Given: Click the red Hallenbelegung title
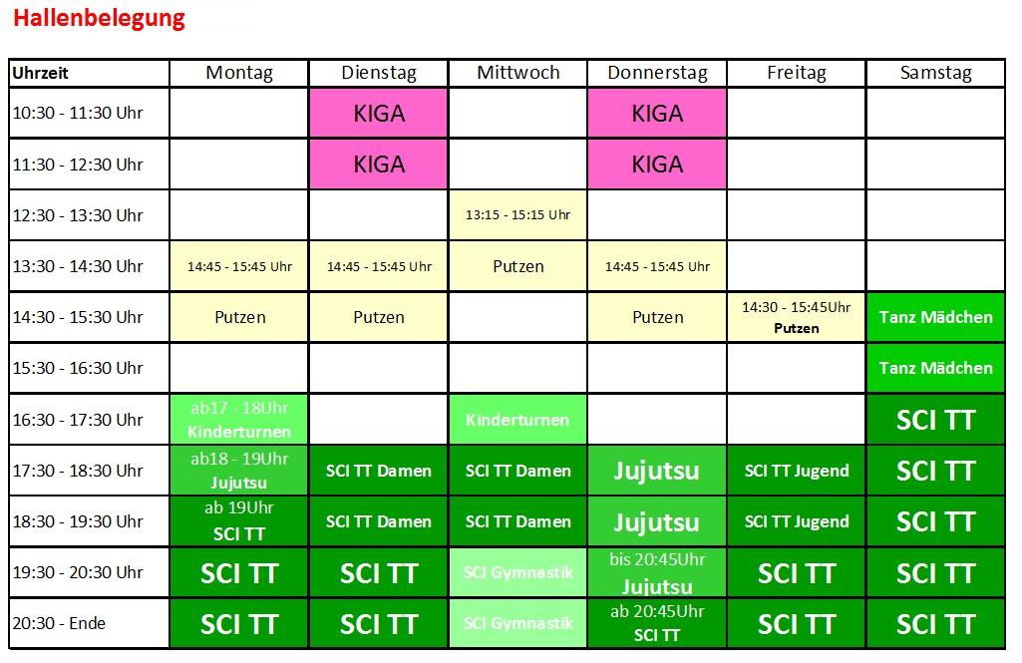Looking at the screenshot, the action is tap(99, 18).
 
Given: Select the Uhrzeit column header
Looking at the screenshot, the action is tap(89, 73).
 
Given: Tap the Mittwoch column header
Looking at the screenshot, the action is tap(518, 73).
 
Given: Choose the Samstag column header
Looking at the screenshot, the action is tap(935, 73).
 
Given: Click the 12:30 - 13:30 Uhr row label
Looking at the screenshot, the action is tap(89, 215).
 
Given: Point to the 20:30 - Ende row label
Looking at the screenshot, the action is tap(89, 623).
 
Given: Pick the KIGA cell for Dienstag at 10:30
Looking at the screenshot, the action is tap(379, 114).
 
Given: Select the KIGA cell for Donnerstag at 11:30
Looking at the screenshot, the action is tap(657, 165).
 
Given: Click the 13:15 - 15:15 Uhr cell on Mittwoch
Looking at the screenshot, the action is tap(518, 215).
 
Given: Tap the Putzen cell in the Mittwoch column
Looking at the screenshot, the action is tap(518, 266).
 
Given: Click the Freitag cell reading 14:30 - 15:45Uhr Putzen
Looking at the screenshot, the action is tap(796, 317).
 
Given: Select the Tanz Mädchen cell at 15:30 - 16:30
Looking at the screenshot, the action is tap(935, 368).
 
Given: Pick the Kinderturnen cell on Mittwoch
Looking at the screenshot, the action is tap(518, 419).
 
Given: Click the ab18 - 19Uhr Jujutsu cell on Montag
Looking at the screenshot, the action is tap(239, 470).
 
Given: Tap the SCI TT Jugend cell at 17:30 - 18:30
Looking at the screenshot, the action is tap(796, 470).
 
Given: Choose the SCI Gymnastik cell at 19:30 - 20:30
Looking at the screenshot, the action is tap(518, 572).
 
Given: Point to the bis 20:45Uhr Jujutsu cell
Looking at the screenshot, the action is tap(657, 572).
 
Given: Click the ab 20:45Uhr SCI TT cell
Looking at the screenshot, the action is tap(657, 623).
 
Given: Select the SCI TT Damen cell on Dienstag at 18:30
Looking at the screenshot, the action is tap(379, 521).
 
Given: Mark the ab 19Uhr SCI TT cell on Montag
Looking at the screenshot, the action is tap(239, 521).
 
